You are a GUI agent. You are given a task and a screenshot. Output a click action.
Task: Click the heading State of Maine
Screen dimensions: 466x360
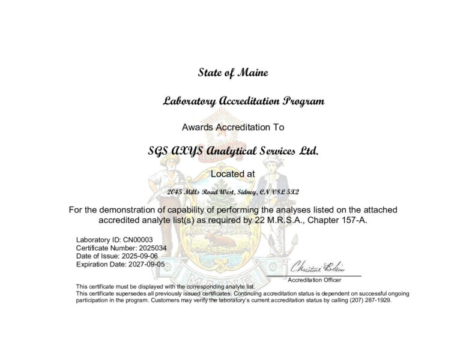click(x=233, y=73)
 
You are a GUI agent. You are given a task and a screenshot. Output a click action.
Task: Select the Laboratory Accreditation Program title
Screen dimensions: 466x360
click(x=244, y=101)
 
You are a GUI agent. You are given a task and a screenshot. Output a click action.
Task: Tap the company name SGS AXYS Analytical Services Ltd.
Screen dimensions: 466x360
click(x=233, y=151)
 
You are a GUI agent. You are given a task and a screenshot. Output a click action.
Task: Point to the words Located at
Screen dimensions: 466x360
click(x=233, y=173)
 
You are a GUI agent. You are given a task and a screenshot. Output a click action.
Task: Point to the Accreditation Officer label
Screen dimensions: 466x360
click(x=315, y=280)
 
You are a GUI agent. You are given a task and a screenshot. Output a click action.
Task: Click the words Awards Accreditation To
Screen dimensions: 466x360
click(x=232, y=127)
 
